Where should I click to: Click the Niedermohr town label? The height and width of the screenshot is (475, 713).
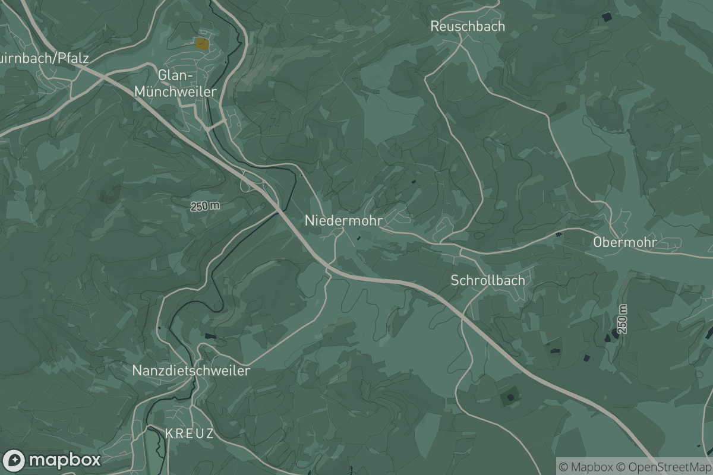click(343, 220)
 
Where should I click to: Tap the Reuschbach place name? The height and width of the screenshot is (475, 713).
click(467, 26)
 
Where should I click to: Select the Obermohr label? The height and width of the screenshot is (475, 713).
click(624, 242)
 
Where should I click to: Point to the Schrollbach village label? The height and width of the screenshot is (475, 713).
click(487, 280)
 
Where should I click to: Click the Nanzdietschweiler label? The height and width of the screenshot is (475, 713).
click(191, 370)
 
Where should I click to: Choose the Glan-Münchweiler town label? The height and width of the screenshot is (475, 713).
click(175, 83)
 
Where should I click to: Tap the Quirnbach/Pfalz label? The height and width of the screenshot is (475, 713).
click(45, 58)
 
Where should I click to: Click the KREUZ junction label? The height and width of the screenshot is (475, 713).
click(189, 433)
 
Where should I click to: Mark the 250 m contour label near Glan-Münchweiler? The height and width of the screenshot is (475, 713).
click(205, 207)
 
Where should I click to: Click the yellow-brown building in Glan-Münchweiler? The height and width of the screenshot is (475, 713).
click(202, 43)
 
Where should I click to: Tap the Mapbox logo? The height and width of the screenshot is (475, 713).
click(52, 460)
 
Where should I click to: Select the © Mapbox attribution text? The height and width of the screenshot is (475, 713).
click(585, 467)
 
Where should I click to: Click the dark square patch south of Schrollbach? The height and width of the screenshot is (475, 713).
click(509, 395)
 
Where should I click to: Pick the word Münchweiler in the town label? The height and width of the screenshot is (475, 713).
click(175, 91)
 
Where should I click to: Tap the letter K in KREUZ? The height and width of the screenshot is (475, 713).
click(169, 433)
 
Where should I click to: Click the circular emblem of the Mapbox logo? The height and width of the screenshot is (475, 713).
click(14, 460)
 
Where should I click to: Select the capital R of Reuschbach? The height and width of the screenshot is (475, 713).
click(434, 26)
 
